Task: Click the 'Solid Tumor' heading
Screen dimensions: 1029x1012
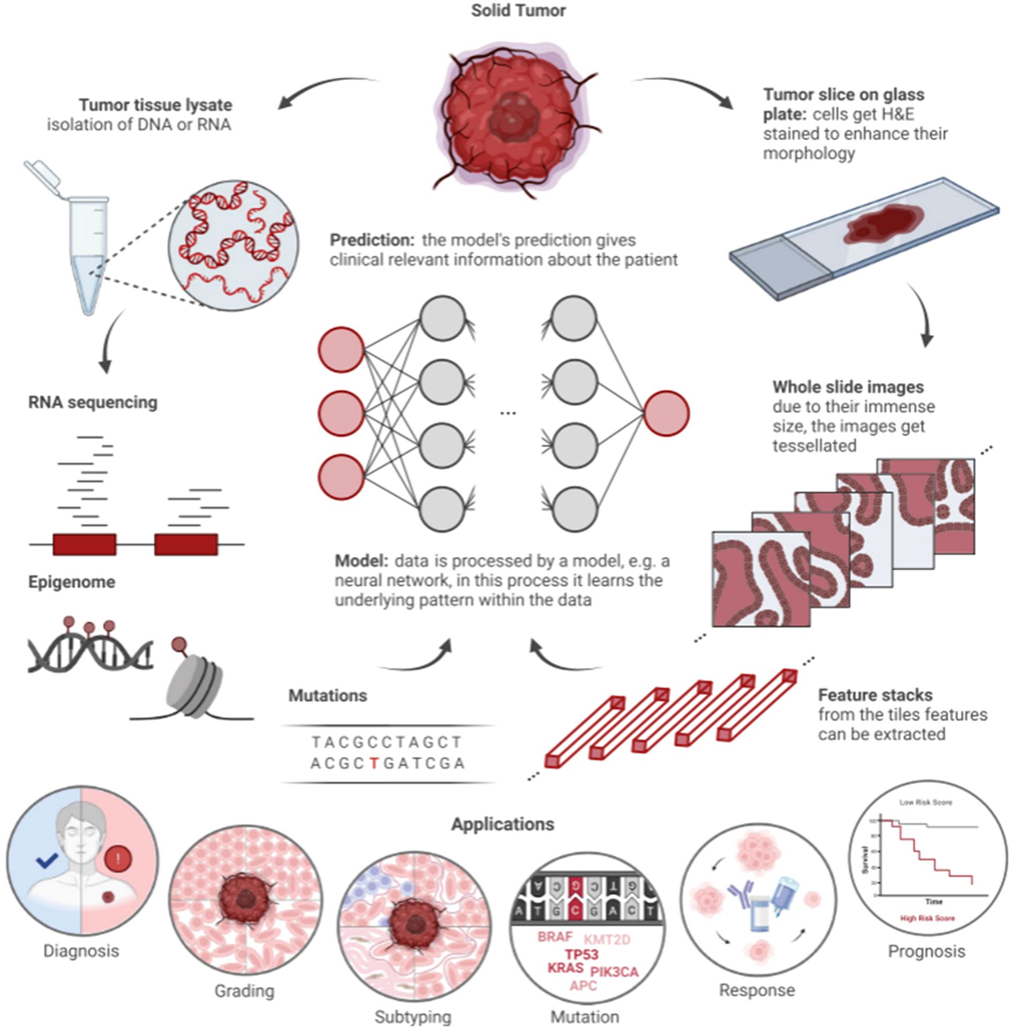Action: click(518, 11)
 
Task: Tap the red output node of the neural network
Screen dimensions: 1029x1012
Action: click(666, 413)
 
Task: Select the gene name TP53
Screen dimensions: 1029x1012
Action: click(581, 954)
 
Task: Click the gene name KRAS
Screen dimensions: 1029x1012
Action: click(565, 968)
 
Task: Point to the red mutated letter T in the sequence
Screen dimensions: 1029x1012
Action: click(374, 763)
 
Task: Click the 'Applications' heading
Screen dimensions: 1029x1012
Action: click(502, 824)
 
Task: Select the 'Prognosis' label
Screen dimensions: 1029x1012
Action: click(926, 951)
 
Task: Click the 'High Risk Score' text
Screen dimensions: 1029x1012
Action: click(927, 918)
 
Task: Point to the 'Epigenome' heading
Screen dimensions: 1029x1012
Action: click(72, 582)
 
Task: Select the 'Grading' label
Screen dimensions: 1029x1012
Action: click(244, 991)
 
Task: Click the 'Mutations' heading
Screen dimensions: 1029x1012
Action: click(328, 695)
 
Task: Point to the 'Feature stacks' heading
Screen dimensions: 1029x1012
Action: click(875, 695)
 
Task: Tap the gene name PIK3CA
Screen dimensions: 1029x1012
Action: click(614, 971)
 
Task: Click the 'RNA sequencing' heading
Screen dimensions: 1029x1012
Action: click(93, 402)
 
